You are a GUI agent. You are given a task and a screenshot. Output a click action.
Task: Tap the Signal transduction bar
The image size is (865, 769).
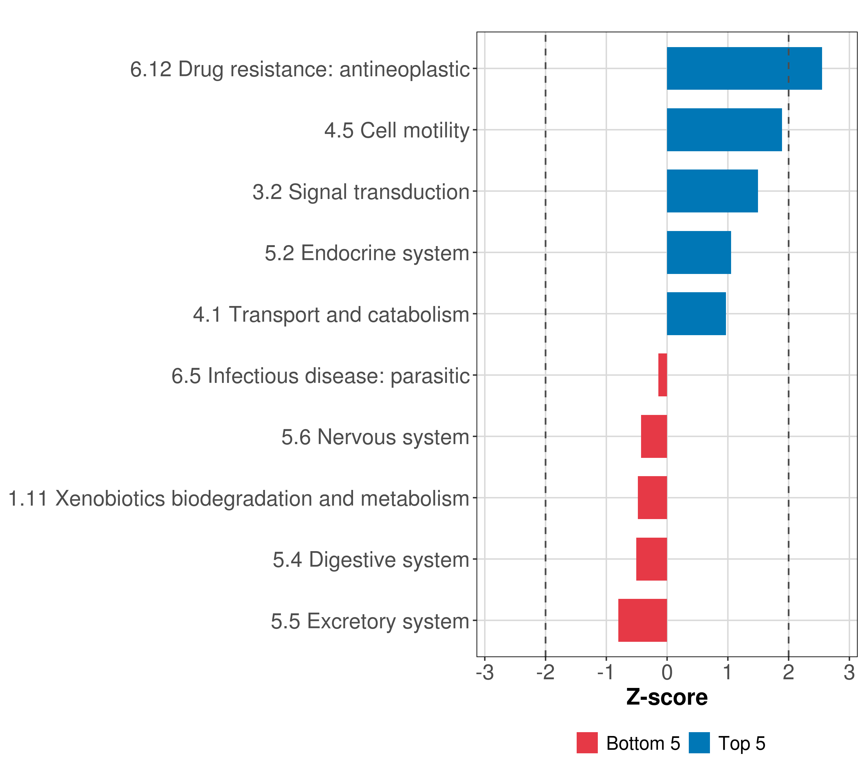[712, 191]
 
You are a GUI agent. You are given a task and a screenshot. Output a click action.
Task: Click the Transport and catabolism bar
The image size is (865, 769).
[696, 314]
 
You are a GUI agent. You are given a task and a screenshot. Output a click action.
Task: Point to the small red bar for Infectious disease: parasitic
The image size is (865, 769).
[663, 375]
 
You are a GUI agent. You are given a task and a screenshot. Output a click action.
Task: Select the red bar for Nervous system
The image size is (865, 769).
[654, 436]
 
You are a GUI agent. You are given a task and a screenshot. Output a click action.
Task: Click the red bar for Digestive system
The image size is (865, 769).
[651, 559]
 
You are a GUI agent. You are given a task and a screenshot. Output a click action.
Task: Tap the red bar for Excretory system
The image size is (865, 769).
[642, 620]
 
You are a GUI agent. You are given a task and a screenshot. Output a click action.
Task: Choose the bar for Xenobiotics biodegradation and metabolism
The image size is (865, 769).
[652, 498]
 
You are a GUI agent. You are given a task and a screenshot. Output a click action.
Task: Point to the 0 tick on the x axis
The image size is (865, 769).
[667, 673]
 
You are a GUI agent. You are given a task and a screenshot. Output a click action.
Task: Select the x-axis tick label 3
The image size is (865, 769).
[849, 673]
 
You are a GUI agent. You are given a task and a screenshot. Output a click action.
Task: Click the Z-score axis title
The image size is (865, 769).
[667, 698]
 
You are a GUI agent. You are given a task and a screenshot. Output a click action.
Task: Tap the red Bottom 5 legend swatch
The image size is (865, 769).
[587, 743]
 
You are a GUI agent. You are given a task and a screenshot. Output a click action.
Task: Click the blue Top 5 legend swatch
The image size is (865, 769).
[699, 743]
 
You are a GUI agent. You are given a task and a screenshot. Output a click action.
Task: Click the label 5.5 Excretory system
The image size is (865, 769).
[370, 621]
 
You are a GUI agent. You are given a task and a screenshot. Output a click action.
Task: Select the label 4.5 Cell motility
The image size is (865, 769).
[397, 130]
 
